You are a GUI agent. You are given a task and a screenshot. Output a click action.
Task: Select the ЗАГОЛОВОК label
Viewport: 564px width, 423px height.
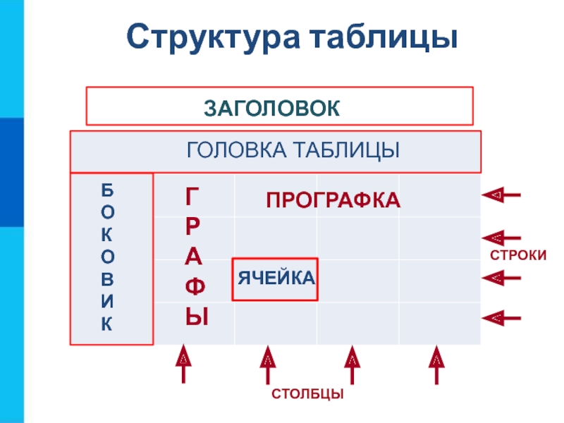[273, 107]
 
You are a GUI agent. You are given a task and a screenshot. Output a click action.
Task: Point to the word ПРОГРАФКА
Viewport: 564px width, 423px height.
[333, 200]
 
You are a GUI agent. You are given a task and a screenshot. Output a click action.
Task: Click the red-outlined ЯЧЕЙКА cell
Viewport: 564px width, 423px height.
[275, 278]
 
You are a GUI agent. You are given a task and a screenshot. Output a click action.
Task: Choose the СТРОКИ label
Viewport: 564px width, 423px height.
[519, 255]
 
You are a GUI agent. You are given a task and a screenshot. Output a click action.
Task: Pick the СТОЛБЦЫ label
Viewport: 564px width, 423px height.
[308, 393]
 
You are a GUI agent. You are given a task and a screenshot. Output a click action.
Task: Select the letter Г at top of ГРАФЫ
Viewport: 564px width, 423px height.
[192, 197]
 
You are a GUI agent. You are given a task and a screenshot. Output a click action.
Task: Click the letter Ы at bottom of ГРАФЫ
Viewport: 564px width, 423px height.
[197, 317]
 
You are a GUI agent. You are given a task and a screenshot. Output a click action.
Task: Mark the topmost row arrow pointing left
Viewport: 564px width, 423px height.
[501, 194]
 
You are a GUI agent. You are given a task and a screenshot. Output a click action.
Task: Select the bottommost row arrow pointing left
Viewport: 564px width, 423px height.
[501, 319]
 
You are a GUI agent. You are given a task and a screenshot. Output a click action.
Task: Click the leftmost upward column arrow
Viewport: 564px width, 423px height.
[183, 363]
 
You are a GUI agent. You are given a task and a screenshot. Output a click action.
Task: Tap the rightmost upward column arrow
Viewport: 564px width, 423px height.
[437, 363]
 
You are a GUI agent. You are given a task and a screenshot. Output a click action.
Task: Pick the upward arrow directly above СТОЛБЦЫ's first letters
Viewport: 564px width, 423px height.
[268, 363]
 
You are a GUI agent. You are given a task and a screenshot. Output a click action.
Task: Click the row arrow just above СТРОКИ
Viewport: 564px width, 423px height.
[501, 238]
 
